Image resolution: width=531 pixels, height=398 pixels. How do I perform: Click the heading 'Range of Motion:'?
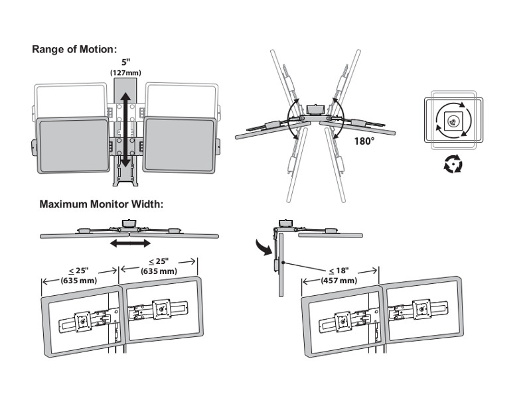coord(74,49)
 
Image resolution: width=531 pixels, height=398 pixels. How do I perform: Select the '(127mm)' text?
coord(125,72)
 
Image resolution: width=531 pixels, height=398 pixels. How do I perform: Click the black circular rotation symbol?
coord(453,163)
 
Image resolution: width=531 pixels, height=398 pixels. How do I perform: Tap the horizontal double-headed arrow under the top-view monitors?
coord(130,243)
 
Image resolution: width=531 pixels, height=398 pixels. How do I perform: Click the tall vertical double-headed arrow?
coord(125,126)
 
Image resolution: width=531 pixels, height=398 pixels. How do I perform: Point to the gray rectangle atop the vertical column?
coord(125,88)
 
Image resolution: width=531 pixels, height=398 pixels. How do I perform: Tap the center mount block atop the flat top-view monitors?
coord(127,224)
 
